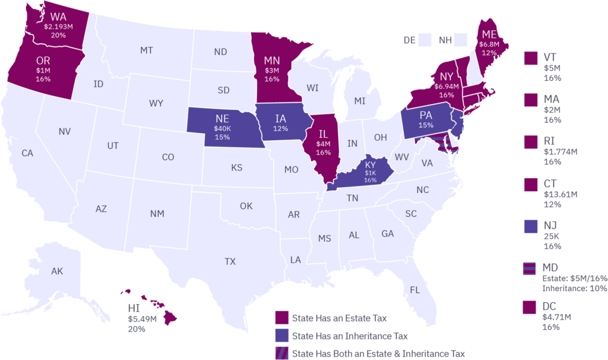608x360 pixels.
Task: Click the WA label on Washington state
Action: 58,16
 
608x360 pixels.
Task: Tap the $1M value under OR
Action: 43,70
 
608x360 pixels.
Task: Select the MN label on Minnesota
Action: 272,60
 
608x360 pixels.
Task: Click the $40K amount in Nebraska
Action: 222,128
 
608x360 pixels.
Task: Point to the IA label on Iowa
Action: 280,118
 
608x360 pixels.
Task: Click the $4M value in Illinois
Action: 323,143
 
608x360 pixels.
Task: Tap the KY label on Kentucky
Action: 370,164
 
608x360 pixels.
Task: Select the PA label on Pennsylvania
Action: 426,115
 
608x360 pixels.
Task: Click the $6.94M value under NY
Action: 446,86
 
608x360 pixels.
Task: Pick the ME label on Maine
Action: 489,33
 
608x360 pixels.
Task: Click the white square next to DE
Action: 424,40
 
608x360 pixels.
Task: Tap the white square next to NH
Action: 461,40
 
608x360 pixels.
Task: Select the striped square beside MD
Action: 530,268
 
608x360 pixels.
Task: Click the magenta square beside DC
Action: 530,307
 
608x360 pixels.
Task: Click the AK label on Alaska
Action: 57,271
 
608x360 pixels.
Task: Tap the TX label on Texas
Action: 230,261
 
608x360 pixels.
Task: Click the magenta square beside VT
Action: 530,58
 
